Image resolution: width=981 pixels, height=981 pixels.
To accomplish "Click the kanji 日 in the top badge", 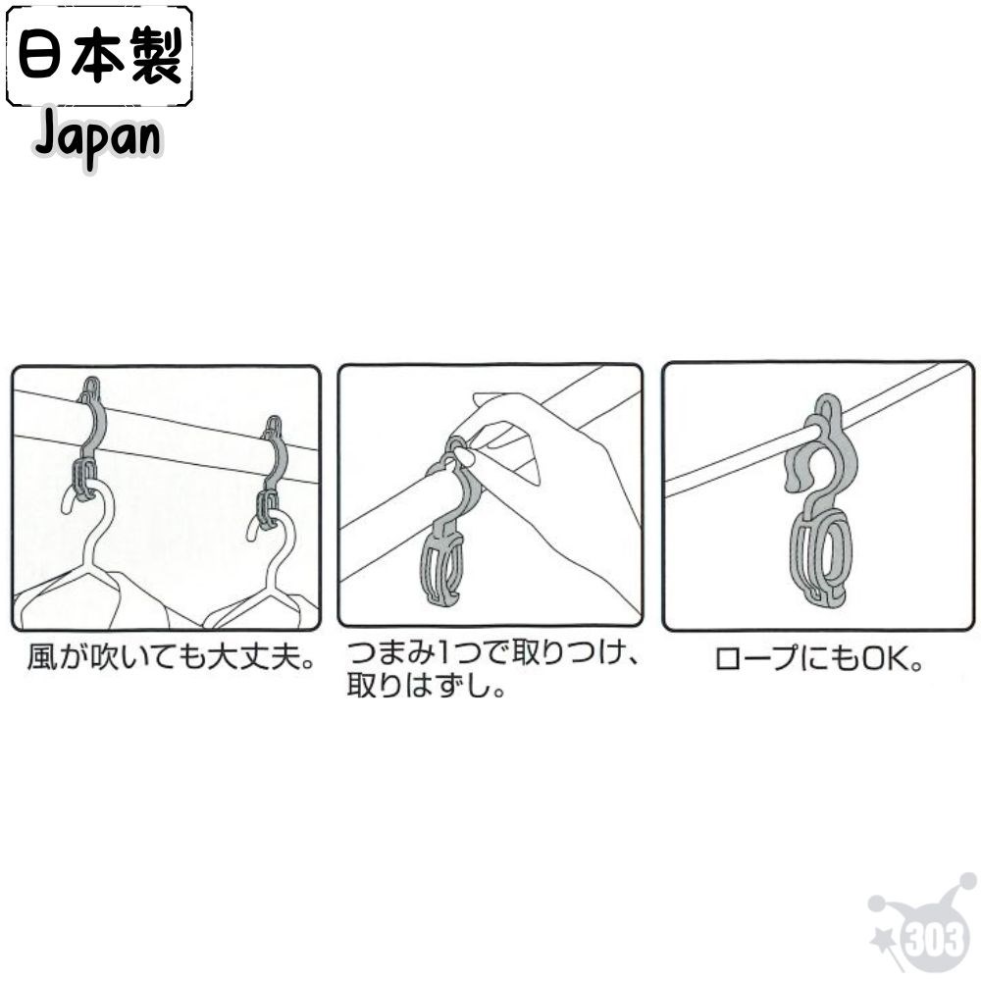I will [43, 57].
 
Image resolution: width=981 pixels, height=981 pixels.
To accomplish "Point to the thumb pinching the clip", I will [464, 457].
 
